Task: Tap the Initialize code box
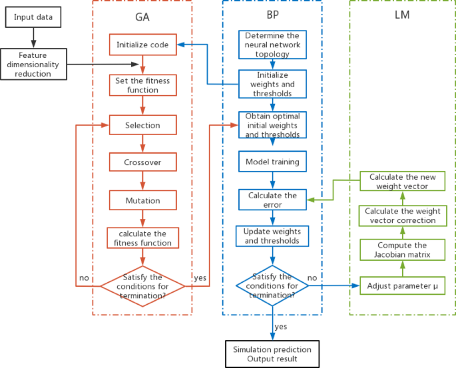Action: tap(142, 45)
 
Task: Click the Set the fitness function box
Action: tap(142, 85)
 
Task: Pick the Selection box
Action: tap(142, 125)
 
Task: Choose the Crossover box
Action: tap(142, 162)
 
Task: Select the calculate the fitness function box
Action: tap(142, 238)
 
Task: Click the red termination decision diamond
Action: tap(142, 285)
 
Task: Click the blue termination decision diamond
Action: tap(272, 285)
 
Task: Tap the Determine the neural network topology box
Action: tap(272, 45)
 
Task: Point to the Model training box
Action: tap(272, 162)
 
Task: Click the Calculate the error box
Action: tap(272, 200)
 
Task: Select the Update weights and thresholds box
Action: tap(272, 236)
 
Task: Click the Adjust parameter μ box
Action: tap(401, 286)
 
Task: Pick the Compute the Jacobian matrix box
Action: tap(401, 250)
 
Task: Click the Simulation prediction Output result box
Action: tap(272, 353)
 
